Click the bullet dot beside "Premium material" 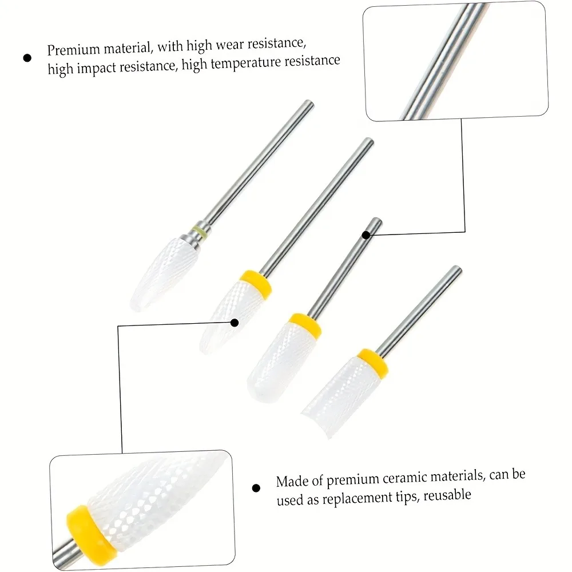pos(27,58)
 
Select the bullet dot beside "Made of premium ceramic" pos(256,488)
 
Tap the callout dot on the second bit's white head pos(234,323)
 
